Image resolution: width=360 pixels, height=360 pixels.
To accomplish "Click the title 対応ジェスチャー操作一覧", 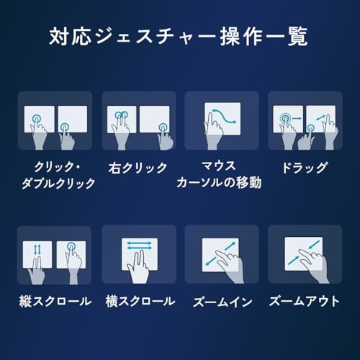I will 179,35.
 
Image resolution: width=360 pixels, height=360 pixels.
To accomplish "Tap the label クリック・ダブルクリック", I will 60,175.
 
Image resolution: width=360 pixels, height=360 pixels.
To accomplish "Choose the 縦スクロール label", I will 55,301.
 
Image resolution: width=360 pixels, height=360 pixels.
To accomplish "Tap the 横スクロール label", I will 138,301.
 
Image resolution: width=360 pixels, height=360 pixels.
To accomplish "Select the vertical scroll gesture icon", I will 55,256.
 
